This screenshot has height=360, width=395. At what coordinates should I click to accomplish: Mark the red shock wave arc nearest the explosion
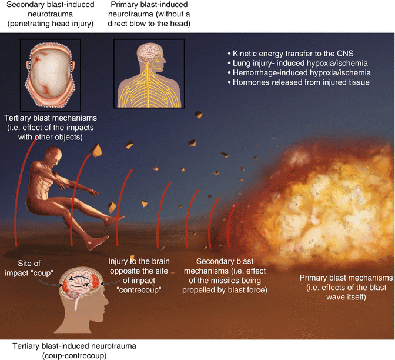(x=232, y=224)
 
